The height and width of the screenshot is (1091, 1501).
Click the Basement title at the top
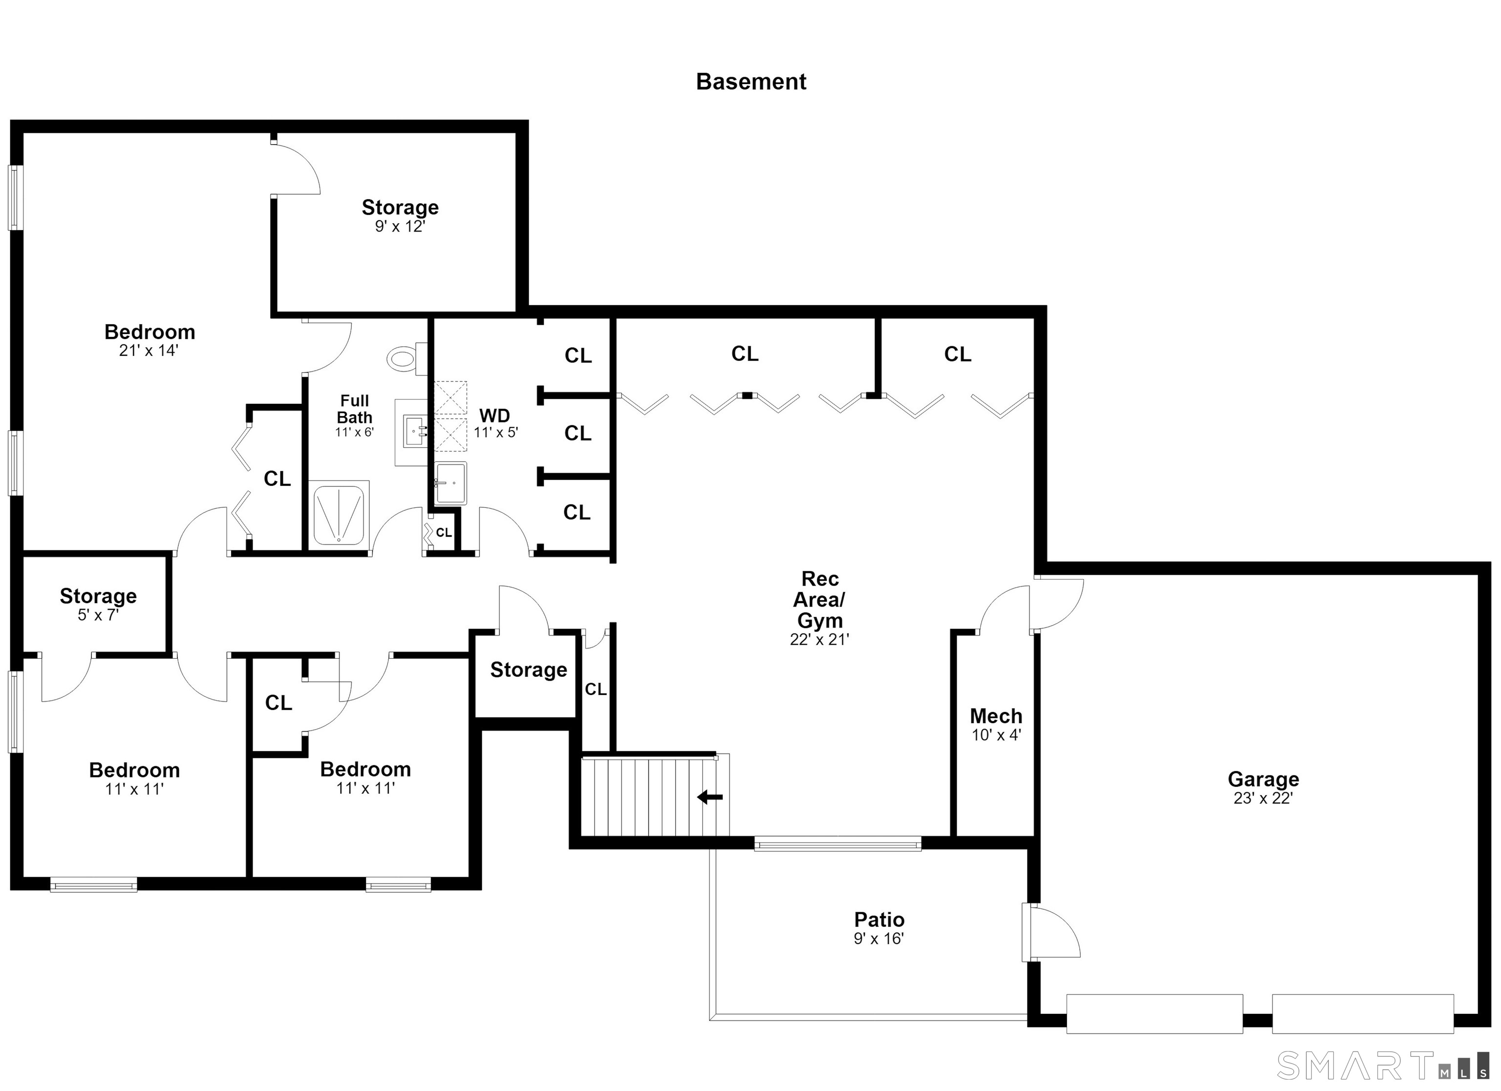click(x=750, y=82)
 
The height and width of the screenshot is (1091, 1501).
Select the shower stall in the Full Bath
click(x=339, y=513)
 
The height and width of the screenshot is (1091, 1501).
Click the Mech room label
click(x=996, y=716)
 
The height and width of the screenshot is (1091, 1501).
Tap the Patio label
click(x=879, y=920)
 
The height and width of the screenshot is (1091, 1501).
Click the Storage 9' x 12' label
click(x=400, y=216)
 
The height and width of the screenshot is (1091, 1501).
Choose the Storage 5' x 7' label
click(x=98, y=605)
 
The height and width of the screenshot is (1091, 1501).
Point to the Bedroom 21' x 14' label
click(x=150, y=340)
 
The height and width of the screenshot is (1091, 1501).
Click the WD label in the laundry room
click(x=494, y=416)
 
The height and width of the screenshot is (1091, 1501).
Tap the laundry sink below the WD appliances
click(x=450, y=483)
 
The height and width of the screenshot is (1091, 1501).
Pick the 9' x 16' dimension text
click(x=879, y=938)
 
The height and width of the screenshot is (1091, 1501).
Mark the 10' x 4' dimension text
click(x=996, y=734)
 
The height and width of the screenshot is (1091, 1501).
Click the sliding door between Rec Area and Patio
click(x=837, y=843)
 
